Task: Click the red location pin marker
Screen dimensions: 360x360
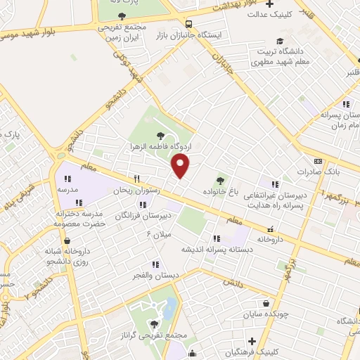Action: (x=181, y=166)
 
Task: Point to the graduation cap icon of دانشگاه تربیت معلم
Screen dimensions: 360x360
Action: (x=280, y=41)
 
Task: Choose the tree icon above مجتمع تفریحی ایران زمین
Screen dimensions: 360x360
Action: (x=122, y=15)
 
